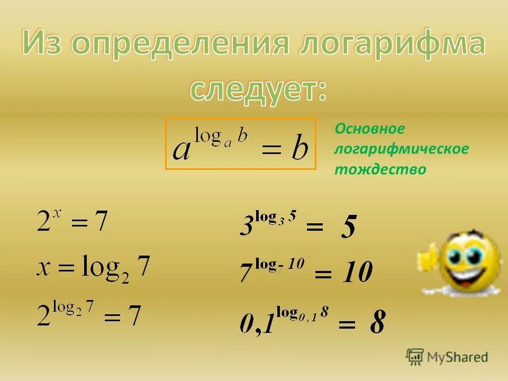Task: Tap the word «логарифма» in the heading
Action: (392, 44)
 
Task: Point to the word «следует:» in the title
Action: (258, 90)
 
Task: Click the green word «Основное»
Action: (370, 129)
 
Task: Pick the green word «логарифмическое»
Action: (401, 149)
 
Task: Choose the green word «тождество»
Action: (380, 169)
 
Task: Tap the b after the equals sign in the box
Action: (300, 149)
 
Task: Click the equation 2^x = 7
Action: (72, 221)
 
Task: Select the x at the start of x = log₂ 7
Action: (43, 268)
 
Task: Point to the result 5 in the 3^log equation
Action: (348, 228)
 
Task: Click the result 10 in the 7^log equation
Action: (358, 273)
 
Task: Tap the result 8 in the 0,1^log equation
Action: (377, 321)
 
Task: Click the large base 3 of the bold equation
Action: (247, 226)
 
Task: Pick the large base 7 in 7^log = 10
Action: (246, 273)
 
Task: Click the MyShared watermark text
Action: (456, 357)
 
